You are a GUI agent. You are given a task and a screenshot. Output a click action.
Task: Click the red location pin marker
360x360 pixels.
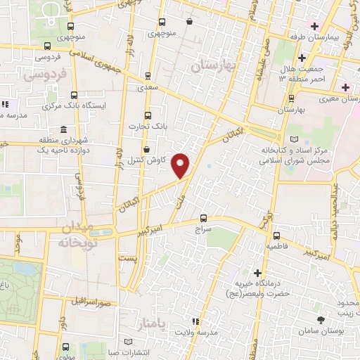(181, 165)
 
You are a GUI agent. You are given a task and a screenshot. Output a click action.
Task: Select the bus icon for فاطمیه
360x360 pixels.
(277, 236)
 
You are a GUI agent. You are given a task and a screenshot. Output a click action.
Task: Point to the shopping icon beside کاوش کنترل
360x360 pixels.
(146, 150)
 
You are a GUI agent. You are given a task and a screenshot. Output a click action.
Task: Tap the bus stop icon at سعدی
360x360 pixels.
(147, 75)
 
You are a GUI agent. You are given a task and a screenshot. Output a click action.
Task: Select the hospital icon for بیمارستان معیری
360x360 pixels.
(345, 87)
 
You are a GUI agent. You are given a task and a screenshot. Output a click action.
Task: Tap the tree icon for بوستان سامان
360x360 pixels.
(321, 320)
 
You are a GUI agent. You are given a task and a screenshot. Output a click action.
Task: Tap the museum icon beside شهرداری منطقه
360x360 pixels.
(64, 130)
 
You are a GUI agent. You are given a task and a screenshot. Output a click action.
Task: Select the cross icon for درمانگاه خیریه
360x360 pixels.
(258, 273)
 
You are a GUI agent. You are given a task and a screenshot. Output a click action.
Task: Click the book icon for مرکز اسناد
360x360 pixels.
(294, 140)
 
